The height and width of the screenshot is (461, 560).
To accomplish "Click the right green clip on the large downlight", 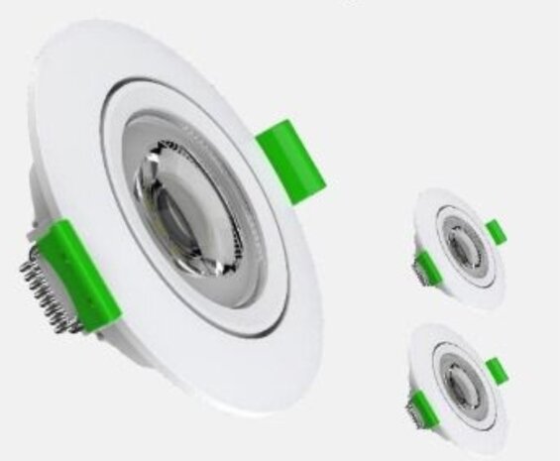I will point(291,161).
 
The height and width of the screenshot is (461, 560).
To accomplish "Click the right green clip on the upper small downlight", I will point(496,232).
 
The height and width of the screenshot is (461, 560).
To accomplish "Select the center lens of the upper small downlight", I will point(458,248).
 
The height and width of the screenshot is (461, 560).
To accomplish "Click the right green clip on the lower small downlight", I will point(496,371).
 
